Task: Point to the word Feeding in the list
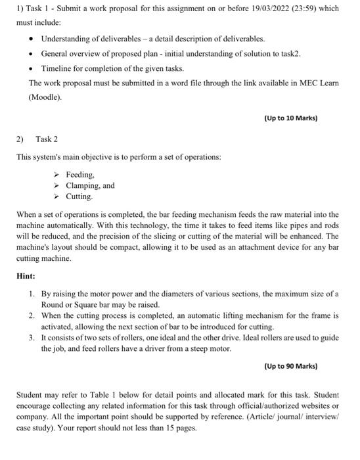click(x=80, y=175)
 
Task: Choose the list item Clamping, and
click(x=90, y=185)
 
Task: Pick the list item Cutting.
click(x=79, y=196)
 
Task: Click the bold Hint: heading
click(x=26, y=277)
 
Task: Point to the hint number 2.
click(x=31, y=316)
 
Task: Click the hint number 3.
click(x=31, y=337)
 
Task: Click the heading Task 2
click(x=47, y=139)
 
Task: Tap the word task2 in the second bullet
click(x=289, y=54)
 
